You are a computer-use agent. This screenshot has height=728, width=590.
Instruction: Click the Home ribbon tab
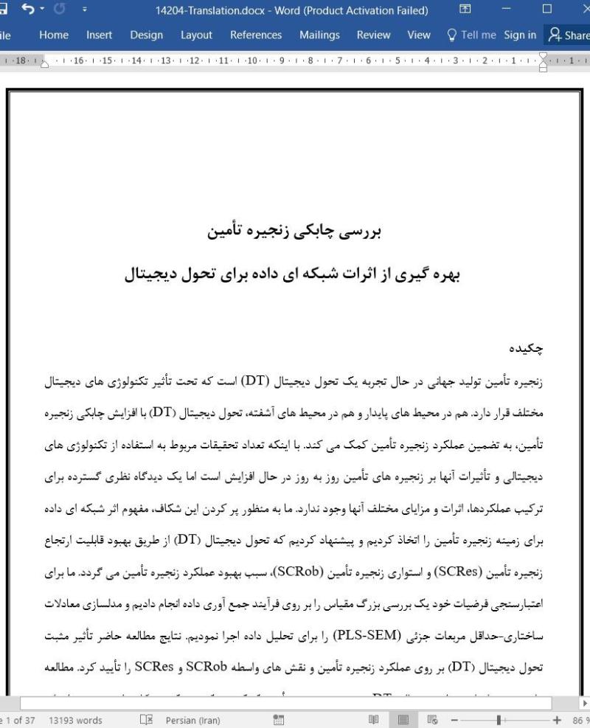click(54, 35)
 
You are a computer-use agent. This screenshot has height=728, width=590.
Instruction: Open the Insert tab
click(99, 35)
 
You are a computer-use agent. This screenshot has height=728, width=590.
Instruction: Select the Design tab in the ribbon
click(146, 35)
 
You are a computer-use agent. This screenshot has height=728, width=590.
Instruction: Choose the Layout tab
click(195, 35)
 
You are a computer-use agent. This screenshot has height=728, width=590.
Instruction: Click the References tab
click(256, 35)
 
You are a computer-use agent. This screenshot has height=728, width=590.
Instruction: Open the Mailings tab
click(319, 35)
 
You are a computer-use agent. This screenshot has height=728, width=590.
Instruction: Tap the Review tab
click(373, 35)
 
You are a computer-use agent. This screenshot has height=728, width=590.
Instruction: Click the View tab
click(419, 35)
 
